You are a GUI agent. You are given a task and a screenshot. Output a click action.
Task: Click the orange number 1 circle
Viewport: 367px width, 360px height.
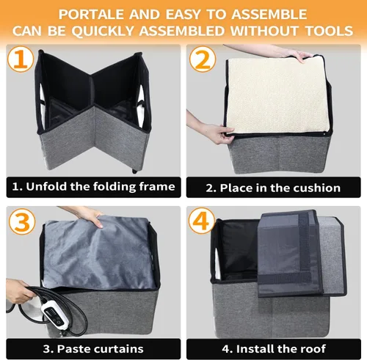pyautogui.click(x=21, y=59)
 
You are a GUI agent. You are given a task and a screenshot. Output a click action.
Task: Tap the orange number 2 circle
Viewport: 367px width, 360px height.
pyautogui.click(x=203, y=59)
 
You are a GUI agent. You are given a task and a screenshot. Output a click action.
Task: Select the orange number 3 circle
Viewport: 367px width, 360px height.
pyautogui.click(x=22, y=221)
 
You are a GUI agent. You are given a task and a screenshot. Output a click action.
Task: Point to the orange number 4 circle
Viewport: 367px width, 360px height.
pyautogui.click(x=202, y=221)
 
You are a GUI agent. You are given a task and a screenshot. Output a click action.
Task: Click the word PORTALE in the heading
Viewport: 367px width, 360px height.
pyautogui.click(x=91, y=15)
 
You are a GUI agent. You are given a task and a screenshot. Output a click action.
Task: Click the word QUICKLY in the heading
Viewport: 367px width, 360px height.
pyautogui.click(x=103, y=32)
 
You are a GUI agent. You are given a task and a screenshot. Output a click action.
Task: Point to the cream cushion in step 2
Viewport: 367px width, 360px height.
pyautogui.click(x=277, y=95)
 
